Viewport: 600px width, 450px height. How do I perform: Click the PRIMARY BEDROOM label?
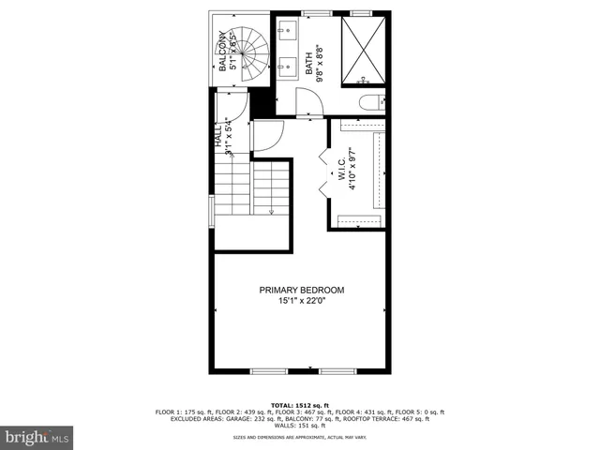302,291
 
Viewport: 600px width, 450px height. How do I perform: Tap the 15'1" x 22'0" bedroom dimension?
302,301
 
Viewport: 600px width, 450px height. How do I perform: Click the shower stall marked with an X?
361,51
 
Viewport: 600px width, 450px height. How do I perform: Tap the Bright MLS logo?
37,437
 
